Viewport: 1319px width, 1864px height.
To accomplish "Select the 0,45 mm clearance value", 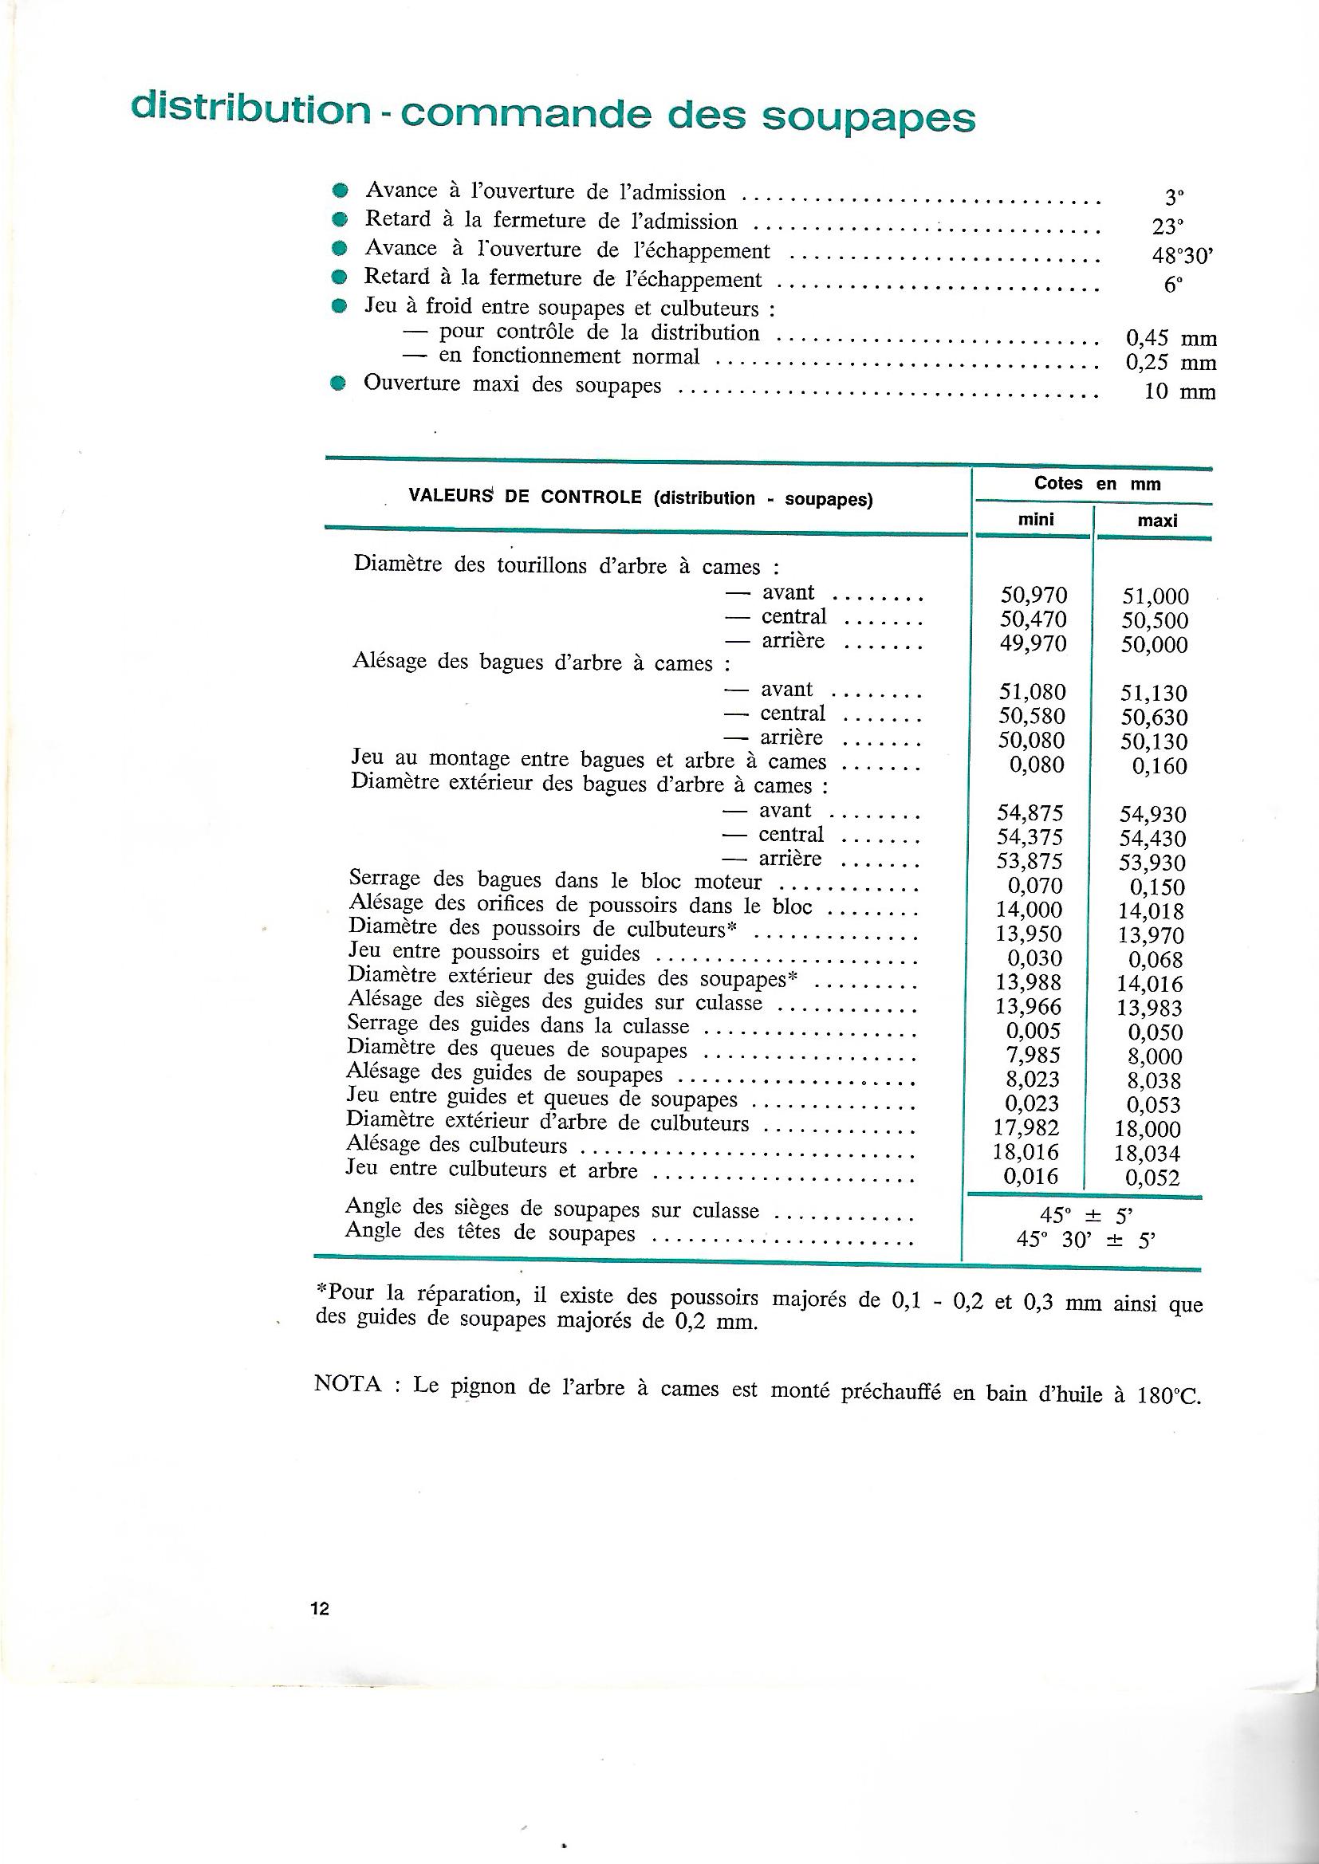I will (1171, 339).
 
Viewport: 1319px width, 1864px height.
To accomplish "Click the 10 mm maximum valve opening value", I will (1179, 393).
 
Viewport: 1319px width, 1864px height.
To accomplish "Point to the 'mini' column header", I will (1036, 520).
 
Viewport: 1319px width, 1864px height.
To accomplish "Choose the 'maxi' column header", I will (1157, 521).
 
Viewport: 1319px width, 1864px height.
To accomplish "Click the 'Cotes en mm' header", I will (1097, 484).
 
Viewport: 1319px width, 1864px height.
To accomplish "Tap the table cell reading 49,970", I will (1032, 644).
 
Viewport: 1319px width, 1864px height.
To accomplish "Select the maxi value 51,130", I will (1154, 694).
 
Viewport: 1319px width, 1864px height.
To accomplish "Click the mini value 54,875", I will (1030, 813).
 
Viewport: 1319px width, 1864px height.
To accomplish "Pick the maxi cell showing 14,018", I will (1151, 911).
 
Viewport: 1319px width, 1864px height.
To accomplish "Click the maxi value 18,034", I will (1148, 1153).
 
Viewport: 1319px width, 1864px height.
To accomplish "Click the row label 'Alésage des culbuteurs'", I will (456, 1146).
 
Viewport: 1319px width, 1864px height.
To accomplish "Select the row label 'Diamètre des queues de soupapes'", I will (517, 1050).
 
